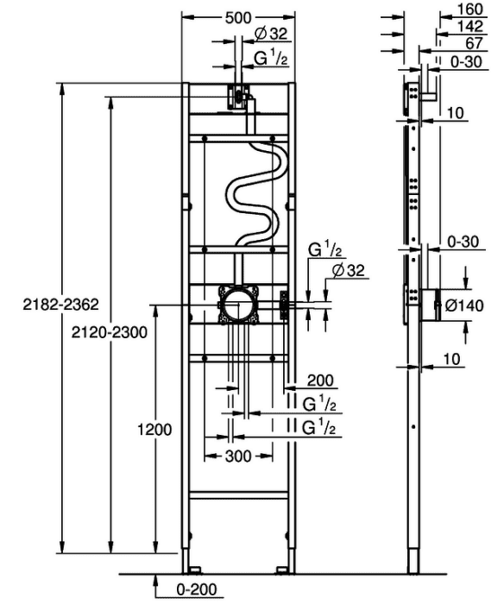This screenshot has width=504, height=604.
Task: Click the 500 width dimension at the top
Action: pos(237,18)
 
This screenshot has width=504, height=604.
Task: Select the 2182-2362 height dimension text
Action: pos(61,305)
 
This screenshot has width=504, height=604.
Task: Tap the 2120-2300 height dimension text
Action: pos(110,332)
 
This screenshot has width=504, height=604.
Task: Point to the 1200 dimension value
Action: pos(154,429)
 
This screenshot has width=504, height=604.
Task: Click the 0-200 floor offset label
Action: pos(197,589)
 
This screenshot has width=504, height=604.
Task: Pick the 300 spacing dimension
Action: pos(238,456)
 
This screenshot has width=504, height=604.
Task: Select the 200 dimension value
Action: pos(320,381)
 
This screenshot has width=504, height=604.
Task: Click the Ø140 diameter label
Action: pos(464,305)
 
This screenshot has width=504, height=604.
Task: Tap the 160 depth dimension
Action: pos(470,9)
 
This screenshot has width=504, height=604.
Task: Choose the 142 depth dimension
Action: pos(470,26)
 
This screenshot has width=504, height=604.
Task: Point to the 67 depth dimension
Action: pos(474,43)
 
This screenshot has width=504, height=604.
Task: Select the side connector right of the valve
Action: pos(284,305)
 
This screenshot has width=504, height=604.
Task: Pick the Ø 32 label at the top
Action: pos(271,34)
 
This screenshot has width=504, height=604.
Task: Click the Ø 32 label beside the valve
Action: pos(348,270)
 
